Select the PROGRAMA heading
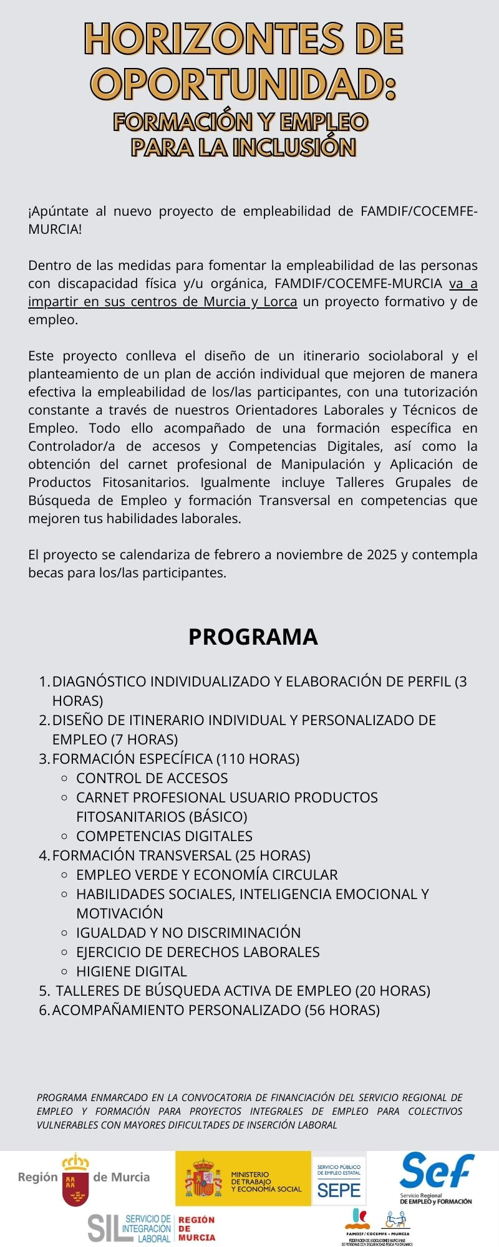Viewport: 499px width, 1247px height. tap(253, 637)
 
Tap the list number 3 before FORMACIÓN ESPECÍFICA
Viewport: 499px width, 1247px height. tap(44, 759)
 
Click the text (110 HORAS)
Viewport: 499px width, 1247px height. tap(258, 759)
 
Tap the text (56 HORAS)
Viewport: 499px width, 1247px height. tap(342, 1010)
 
